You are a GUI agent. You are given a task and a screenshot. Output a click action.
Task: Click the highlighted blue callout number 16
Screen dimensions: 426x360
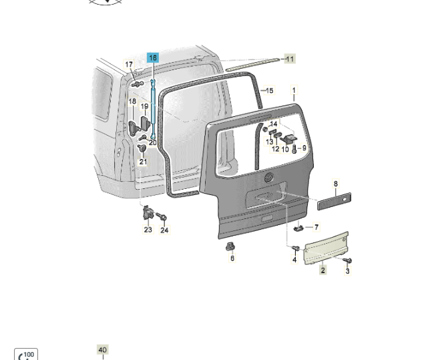coord(153,57)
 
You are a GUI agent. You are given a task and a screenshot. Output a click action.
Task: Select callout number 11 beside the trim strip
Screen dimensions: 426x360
coord(290,59)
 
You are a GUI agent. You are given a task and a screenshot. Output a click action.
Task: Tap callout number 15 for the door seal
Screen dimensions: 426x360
coord(270,90)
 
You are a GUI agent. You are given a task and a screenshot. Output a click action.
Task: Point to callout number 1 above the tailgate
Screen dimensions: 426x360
coord(294,90)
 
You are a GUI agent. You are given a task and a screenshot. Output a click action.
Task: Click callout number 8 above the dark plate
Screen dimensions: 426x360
coord(336,184)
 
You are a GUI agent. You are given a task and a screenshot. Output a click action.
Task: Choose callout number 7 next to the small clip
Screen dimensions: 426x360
coord(316,227)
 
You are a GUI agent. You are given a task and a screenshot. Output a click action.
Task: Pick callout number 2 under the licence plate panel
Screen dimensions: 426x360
coord(323,270)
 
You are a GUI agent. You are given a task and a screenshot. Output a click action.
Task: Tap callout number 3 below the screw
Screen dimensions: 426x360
coord(347,271)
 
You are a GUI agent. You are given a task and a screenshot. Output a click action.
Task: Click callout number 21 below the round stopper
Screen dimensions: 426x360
coord(143,162)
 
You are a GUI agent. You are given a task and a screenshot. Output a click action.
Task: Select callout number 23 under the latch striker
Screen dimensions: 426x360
coord(148,230)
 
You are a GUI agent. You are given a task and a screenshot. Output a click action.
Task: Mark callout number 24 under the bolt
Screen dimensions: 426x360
coord(164,230)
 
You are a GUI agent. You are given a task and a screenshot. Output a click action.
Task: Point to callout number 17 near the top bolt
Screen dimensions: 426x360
coord(129,64)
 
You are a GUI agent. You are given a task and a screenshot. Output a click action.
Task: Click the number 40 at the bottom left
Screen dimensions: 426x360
coord(103,350)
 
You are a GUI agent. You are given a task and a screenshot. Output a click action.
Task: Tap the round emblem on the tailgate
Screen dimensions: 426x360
coord(269,178)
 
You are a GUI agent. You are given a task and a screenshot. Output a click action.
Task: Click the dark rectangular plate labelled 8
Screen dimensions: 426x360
coord(334,201)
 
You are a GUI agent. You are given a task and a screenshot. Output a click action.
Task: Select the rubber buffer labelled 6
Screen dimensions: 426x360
coord(230,246)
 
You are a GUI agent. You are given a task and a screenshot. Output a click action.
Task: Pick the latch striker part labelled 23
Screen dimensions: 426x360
coord(148,212)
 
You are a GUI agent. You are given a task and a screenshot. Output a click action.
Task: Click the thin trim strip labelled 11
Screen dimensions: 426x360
coord(252,65)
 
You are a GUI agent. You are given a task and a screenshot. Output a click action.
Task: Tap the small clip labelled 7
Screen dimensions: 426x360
coord(298,227)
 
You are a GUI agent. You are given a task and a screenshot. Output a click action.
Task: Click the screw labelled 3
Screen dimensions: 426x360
coord(347,260)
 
